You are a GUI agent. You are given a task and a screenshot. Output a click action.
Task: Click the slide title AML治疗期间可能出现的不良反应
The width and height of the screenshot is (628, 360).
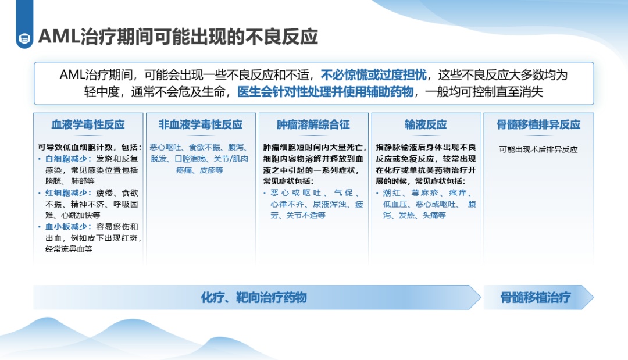[178, 37]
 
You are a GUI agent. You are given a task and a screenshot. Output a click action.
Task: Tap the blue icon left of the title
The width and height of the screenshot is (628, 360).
[24, 39]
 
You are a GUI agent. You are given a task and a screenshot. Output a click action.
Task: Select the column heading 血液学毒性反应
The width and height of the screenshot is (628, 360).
[88, 124]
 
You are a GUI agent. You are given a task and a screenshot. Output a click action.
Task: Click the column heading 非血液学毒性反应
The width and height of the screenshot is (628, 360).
[201, 124]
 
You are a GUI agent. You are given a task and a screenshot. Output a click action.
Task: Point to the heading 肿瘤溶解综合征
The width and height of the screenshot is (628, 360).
[313, 124]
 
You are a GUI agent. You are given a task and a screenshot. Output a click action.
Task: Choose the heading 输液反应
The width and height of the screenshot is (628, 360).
[426, 124]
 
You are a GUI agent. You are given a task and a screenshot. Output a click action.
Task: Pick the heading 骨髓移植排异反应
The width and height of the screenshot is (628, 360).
[538, 124]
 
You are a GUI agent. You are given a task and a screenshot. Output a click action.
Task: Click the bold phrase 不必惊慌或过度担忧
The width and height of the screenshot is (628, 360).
[374, 75]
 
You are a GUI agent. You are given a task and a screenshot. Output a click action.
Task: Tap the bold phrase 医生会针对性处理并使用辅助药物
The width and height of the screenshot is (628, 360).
[325, 92]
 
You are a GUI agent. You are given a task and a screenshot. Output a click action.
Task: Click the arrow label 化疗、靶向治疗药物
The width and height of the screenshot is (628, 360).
[254, 298]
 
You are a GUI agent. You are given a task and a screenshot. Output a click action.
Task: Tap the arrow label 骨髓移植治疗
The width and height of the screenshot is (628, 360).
[536, 298]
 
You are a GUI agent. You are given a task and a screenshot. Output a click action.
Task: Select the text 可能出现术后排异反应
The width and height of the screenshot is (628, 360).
[538, 150]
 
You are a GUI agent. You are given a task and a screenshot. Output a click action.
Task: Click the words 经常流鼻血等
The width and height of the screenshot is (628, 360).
[69, 249]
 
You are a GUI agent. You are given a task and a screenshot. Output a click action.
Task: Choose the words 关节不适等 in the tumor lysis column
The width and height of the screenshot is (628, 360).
[306, 215]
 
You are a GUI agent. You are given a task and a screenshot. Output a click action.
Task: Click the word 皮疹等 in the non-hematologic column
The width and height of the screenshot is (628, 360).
[212, 170]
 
